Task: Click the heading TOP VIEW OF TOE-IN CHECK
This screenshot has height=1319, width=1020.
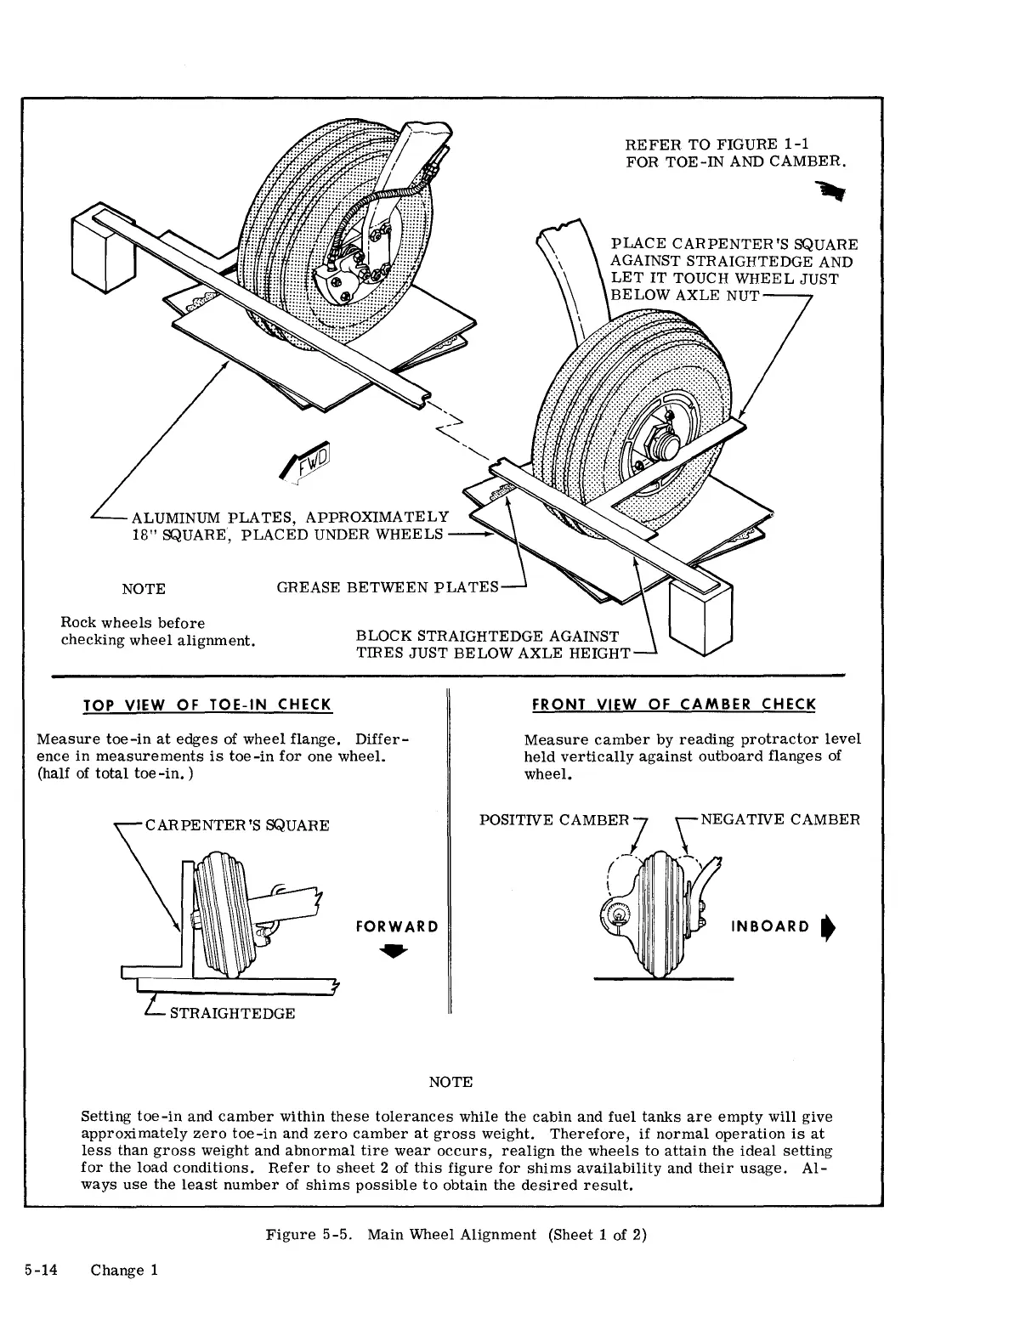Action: (x=207, y=705)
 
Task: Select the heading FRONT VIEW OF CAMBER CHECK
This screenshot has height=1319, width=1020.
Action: (x=673, y=705)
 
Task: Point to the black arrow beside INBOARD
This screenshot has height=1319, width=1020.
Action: (x=825, y=927)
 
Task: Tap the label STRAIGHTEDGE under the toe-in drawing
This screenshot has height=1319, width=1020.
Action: (x=232, y=1014)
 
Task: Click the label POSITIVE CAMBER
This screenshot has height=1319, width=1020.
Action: (x=554, y=820)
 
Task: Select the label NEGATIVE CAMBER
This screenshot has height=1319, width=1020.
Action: (x=779, y=820)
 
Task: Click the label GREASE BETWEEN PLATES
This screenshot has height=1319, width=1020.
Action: (x=388, y=587)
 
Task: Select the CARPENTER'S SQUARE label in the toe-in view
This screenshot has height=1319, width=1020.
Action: (x=237, y=825)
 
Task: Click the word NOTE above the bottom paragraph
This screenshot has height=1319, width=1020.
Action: (x=450, y=1082)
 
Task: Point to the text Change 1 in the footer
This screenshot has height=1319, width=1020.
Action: (x=124, y=1271)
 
